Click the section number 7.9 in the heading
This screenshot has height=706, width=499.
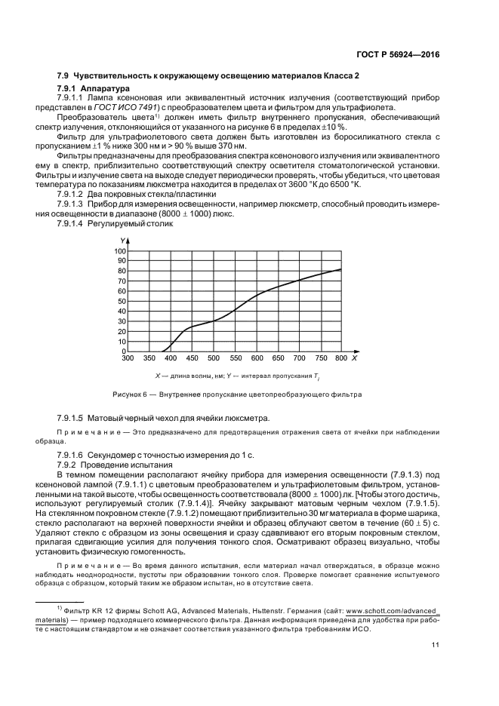tap(63, 76)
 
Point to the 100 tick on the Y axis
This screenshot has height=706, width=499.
tap(119, 250)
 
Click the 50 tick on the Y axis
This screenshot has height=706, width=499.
tap(122, 301)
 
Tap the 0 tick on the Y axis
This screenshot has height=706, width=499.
tap(124, 351)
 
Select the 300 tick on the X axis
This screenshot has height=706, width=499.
tap(128, 359)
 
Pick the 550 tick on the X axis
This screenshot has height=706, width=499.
tap(235, 359)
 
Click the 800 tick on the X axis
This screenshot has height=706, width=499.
tap(341, 359)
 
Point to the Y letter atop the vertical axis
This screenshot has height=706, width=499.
tap(121, 241)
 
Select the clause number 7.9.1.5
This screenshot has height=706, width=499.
tap(72, 418)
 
